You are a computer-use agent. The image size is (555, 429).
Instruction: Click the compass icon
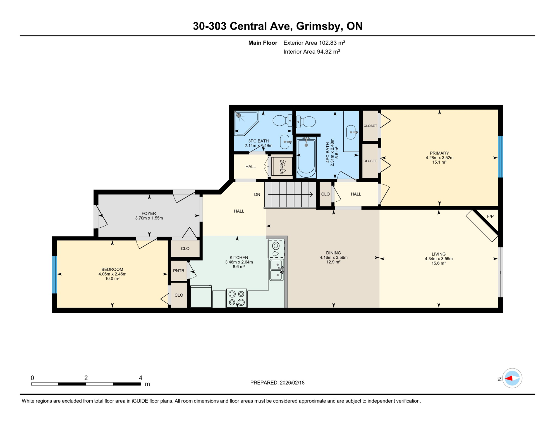click(512, 378)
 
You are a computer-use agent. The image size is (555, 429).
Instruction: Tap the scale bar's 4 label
click(140, 378)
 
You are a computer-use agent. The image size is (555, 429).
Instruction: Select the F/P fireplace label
click(490, 216)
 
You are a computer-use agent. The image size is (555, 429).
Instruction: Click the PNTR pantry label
click(179, 271)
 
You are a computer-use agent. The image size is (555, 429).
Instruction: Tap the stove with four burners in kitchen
click(236, 298)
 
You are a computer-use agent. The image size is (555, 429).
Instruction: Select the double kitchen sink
click(277, 270)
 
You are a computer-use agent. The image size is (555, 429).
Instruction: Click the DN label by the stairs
click(257, 194)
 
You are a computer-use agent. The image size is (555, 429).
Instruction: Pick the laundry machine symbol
click(282, 166)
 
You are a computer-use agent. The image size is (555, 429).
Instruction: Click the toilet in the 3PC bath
click(282, 121)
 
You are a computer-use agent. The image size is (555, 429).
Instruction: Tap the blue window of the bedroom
click(55, 275)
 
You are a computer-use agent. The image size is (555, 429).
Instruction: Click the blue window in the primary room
click(500, 157)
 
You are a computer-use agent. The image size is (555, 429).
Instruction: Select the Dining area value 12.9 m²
click(333, 262)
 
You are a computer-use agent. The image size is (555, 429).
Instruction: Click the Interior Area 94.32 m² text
click(312, 52)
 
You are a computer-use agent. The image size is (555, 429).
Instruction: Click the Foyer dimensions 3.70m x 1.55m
click(149, 218)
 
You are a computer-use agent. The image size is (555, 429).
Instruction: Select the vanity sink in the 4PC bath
click(351, 132)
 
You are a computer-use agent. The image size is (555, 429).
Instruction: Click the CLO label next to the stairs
click(325, 194)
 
